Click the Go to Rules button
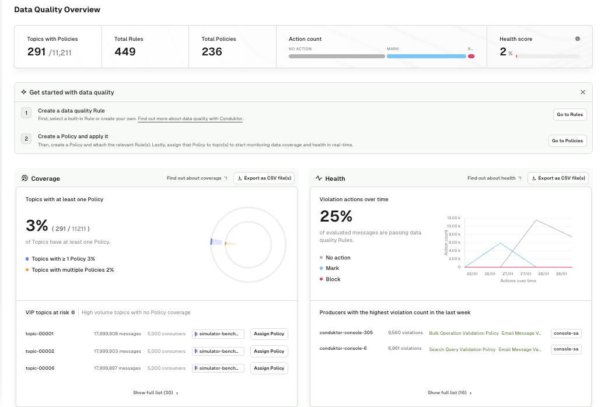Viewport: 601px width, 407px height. pyautogui.click(x=569, y=114)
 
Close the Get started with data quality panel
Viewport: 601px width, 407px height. pyautogui.click(x=582, y=92)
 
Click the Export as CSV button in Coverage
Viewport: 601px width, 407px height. pyautogui.click(x=264, y=178)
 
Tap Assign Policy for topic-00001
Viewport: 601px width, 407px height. pyautogui.click(x=269, y=334)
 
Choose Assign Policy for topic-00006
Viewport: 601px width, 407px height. pyautogui.click(x=269, y=368)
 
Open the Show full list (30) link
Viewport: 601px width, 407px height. pyautogui.click(x=155, y=393)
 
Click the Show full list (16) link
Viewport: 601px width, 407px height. pyautogui.click(x=449, y=393)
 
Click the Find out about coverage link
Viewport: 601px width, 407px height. pyautogui.click(x=197, y=178)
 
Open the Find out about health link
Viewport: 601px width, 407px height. pyautogui.click(x=494, y=178)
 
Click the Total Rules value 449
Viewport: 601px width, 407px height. pyautogui.click(x=125, y=52)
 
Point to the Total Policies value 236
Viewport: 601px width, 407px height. pyautogui.click(x=212, y=52)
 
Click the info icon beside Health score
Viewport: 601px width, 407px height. pyautogui.click(x=578, y=39)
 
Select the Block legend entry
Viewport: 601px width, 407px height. pyautogui.click(x=333, y=279)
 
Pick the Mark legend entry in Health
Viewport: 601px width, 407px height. pyautogui.click(x=332, y=268)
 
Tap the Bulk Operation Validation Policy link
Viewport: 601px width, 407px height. pyautogui.click(x=463, y=333)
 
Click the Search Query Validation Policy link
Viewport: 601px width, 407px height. pyautogui.click(x=462, y=349)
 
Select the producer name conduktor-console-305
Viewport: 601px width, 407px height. pyautogui.click(x=346, y=333)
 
